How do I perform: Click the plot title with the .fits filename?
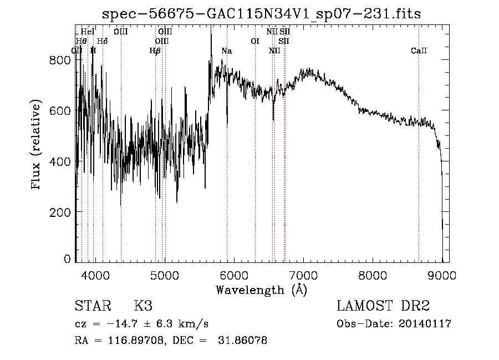coord(262,14)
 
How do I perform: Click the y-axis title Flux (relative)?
coord(37,145)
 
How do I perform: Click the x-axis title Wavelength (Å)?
coord(261,290)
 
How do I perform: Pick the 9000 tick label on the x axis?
coord(442,274)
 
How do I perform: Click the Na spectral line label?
coord(226,51)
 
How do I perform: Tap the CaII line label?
coord(419,51)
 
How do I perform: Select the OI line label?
coord(255,41)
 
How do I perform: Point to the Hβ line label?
coord(155,51)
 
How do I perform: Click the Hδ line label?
coord(103,41)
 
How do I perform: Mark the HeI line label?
coord(88,32)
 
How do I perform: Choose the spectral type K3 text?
coord(143,307)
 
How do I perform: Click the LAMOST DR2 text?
coord(383,307)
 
